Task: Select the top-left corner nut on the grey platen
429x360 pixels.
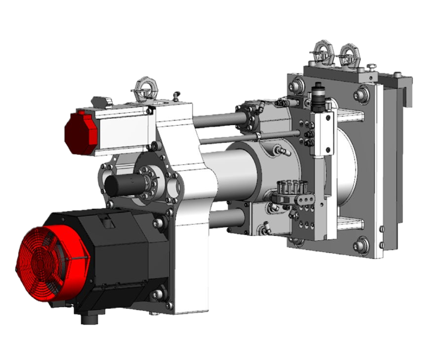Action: (298, 85)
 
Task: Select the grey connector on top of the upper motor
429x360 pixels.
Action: (102, 101)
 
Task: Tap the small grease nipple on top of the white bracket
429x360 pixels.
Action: (175, 96)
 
